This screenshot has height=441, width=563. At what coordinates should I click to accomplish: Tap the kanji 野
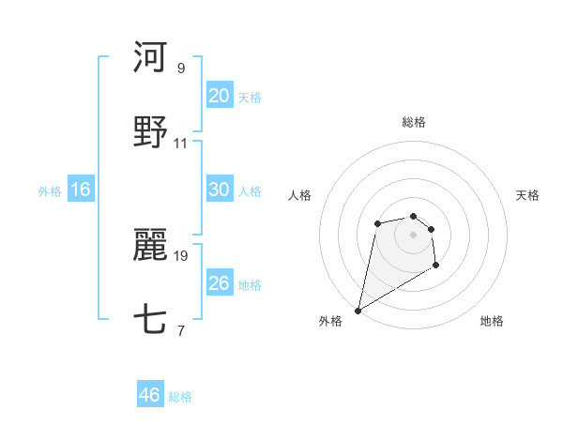click(x=150, y=132)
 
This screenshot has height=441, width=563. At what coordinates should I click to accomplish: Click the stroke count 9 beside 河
click(x=181, y=68)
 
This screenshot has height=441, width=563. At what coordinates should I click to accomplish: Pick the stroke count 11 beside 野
click(x=181, y=144)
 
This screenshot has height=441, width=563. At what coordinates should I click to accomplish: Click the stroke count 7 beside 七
click(x=181, y=331)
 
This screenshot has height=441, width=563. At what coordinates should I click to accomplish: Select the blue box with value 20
click(x=219, y=95)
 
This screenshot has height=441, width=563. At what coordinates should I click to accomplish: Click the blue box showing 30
click(x=219, y=190)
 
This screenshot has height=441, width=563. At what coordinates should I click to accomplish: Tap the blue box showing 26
click(x=219, y=283)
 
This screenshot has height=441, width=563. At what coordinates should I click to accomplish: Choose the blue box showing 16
click(x=80, y=190)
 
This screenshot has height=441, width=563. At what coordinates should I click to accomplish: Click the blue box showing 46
click(x=149, y=395)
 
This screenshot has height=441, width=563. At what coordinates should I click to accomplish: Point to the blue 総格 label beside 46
click(x=180, y=397)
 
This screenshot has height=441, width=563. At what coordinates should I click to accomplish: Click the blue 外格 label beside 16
click(x=50, y=191)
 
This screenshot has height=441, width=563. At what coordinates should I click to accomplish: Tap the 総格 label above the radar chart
click(x=413, y=122)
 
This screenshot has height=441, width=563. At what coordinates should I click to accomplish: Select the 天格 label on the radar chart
click(x=527, y=195)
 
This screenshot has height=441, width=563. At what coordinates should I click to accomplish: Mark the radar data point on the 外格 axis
click(x=358, y=311)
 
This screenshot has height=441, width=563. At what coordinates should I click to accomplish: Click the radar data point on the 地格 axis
click(x=435, y=266)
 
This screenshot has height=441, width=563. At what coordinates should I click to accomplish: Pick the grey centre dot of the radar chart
click(x=413, y=234)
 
